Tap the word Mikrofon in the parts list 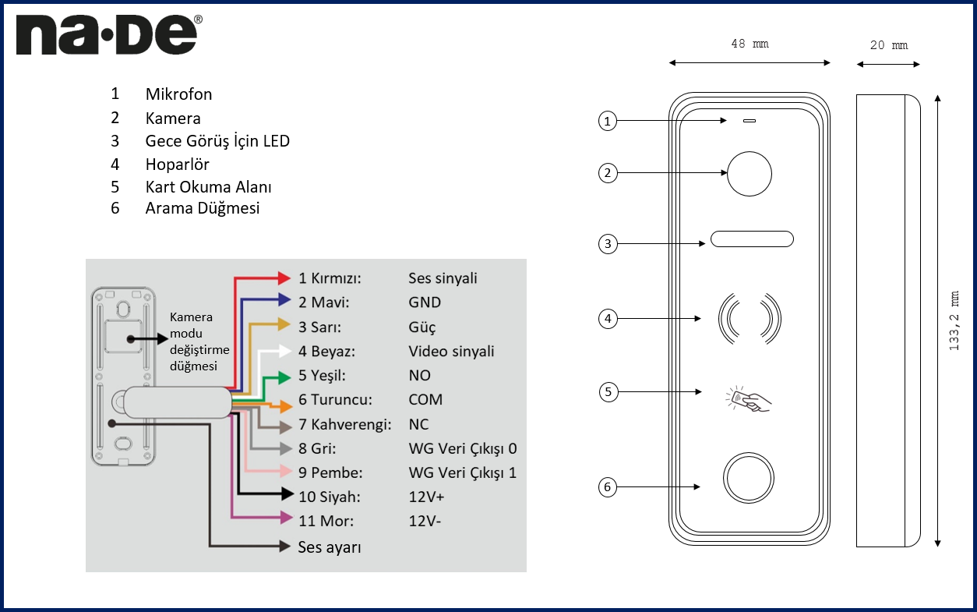coord(178,94)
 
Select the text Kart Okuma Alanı coord(208,187)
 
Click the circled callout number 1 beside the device coord(608,121)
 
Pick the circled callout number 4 coord(608,318)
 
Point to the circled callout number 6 coord(608,487)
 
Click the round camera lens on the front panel coord(749,173)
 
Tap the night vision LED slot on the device coord(751,239)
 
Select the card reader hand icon coord(749,398)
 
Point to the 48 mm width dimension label coord(750,44)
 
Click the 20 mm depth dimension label coord(888,45)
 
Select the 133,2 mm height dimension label coord(954,320)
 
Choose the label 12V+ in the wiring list coord(426,497)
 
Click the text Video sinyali coord(451,352)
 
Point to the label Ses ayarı coord(330,547)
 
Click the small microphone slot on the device coord(750,121)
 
